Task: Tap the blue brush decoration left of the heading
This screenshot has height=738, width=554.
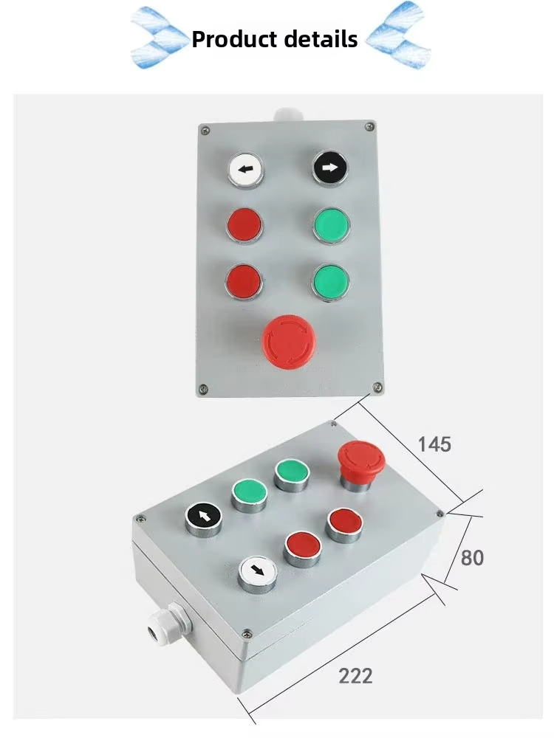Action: pyautogui.click(x=157, y=37)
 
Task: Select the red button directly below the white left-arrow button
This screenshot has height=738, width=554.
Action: pyautogui.click(x=244, y=225)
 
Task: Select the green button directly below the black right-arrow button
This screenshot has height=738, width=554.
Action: pyautogui.click(x=330, y=225)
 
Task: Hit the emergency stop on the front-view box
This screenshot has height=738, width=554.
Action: pyautogui.click(x=289, y=342)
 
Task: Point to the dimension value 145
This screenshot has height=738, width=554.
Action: pyautogui.click(x=434, y=444)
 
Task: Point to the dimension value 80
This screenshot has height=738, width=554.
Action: pyautogui.click(x=472, y=558)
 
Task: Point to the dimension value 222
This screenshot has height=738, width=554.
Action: pyautogui.click(x=355, y=675)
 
